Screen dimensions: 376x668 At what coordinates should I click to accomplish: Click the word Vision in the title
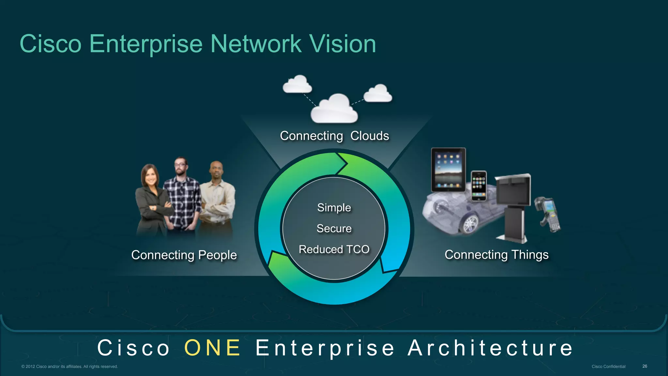(x=342, y=44)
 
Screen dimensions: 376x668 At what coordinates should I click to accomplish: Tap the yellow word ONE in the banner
(x=212, y=348)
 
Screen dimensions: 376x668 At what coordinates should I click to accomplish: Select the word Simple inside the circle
(x=334, y=208)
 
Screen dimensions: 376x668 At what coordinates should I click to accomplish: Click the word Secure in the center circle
(x=334, y=229)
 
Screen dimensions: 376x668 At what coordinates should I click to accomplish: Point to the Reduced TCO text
(x=334, y=249)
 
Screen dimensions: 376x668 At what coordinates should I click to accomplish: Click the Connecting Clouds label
(x=334, y=136)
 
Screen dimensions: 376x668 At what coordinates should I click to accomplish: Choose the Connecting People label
(x=184, y=255)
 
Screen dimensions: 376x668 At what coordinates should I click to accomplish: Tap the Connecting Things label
(x=496, y=255)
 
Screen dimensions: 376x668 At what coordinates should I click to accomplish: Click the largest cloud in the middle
(x=334, y=109)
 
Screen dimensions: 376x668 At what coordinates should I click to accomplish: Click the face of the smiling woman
(x=150, y=176)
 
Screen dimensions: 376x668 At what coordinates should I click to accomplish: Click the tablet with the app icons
(x=448, y=170)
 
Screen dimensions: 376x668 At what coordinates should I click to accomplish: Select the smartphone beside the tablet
(x=479, y=186)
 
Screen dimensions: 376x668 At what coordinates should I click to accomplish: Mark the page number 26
(x=645, y=366)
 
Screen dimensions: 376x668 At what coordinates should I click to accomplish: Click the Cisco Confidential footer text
(x=608, y=367)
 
